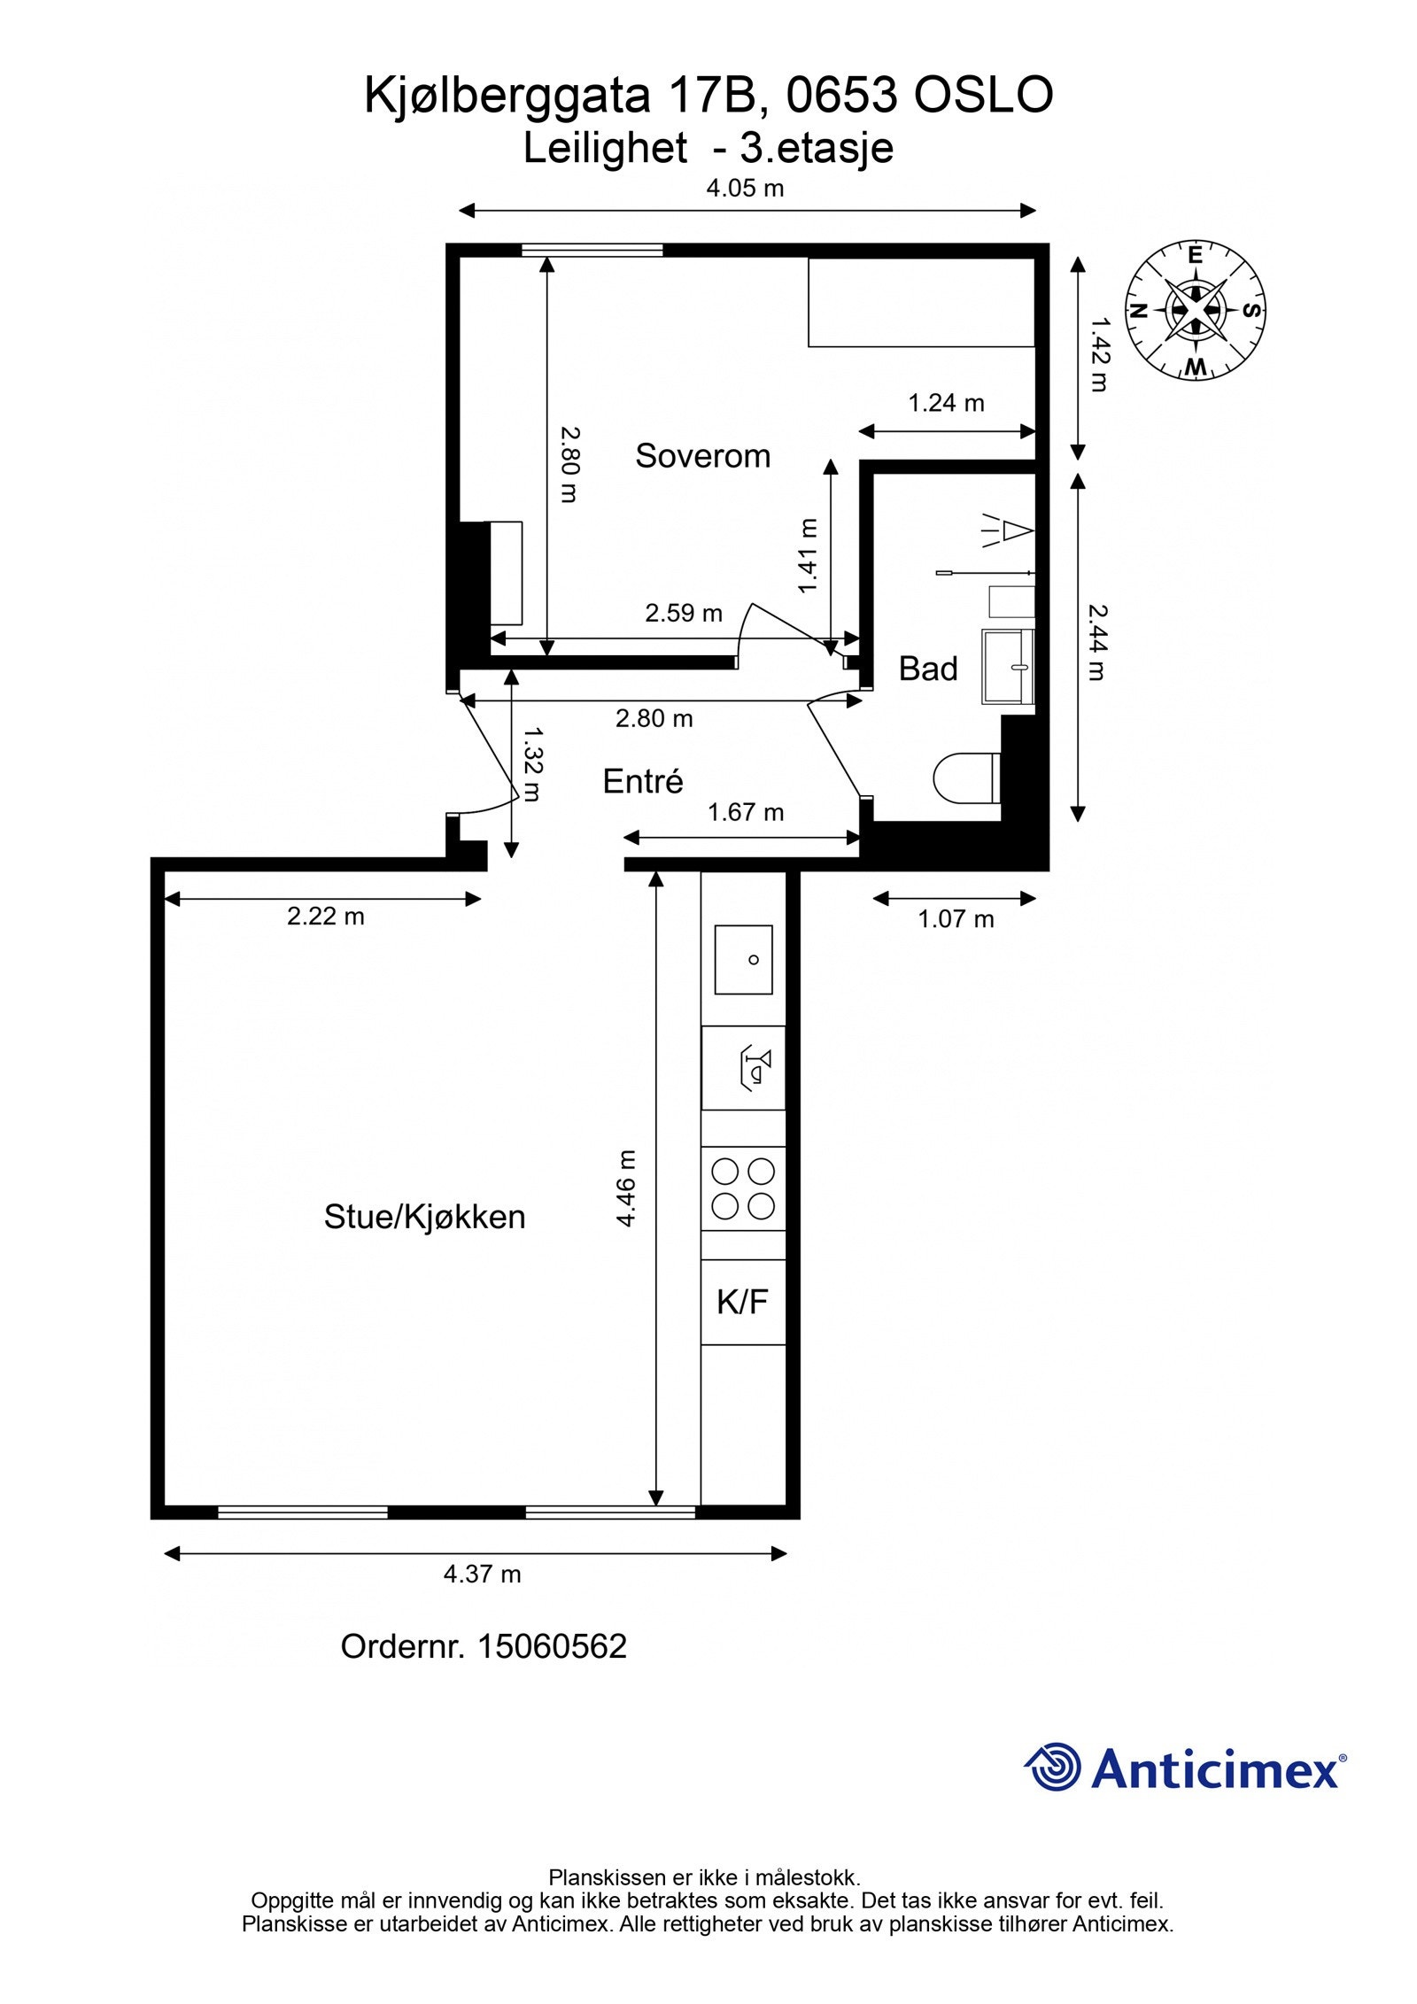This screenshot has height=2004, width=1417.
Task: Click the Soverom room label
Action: click(x=702, y=456)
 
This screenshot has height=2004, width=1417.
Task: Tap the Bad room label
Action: click(x=927, y=669)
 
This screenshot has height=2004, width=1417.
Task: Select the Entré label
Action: click(x=642, y=781)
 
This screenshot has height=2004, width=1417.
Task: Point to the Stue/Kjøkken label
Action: click(x=424, y=1217)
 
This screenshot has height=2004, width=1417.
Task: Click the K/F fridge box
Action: click(x=742, y=1302)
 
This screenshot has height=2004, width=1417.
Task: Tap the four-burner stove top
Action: click(x=743, y=1188)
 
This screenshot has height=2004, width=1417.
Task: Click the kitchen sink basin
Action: click(x=743, y=960)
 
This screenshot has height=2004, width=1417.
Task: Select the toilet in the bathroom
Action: click(x=965, y=779)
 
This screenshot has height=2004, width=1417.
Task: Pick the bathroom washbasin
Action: click(x=1008, y=666)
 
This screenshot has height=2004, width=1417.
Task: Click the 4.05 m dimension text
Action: click(x=744, y=188)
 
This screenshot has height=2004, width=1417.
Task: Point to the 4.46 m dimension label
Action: click(x=626, y=1188)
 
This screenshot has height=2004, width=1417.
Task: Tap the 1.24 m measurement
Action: click(x=945, y=404)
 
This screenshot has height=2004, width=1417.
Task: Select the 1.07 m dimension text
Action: click(x=955, y=919)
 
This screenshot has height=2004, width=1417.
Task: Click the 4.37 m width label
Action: click(x=482, y=1574)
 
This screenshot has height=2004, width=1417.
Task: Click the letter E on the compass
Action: click(x=1195, y=256)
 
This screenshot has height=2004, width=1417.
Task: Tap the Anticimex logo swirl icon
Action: click(x=1053, y=1767)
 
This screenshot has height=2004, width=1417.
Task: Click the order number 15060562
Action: click(x=551, y=1646)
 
